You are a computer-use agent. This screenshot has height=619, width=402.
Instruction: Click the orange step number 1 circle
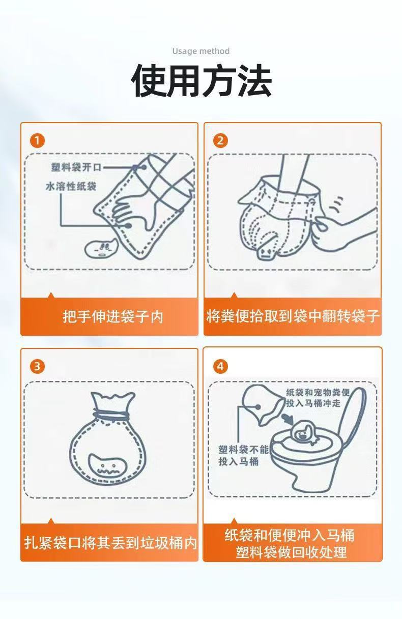click(37, 141)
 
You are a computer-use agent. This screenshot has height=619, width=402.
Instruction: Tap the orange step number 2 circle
click(220, 141)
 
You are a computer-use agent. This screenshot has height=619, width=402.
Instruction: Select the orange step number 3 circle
click(37, 366)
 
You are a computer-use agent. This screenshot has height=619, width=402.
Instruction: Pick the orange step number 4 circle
click(220, 366)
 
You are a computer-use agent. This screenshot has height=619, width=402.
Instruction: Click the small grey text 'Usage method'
click(201, 51)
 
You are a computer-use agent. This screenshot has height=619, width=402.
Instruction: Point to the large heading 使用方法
click(201, 80)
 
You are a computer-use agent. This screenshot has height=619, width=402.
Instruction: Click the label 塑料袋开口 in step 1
click(76, 167)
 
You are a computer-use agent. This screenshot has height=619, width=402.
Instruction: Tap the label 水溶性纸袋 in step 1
click(71, 186)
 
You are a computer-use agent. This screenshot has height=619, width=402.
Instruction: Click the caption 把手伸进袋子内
click(113, 316)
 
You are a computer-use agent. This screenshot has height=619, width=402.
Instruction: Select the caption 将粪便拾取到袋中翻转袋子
click(293, 316)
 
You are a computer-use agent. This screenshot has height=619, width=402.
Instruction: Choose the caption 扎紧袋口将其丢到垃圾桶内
click(110, 543)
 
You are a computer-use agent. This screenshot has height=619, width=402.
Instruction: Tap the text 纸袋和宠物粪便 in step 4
click(318, 392)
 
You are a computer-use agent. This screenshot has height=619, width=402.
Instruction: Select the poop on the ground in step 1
click(101, 247)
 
